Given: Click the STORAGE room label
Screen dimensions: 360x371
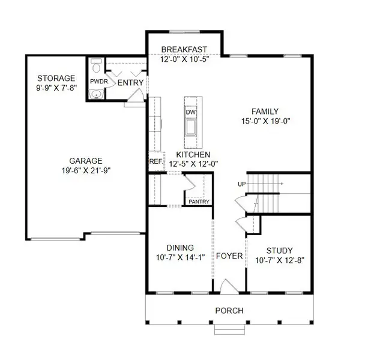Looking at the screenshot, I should (56, 79).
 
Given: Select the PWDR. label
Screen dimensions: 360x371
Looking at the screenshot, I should (98, 81).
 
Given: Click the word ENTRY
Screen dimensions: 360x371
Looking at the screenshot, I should (130, 82).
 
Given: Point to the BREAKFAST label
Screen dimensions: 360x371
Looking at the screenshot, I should (184, 50).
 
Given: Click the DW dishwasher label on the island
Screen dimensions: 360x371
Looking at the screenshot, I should (191, 112).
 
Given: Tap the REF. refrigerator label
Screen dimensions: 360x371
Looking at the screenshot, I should (155, 161).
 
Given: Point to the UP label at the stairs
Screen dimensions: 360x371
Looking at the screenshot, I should (242, 184).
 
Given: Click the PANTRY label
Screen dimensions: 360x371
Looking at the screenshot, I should (199, 202).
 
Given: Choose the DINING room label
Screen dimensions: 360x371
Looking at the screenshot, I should (180, 248).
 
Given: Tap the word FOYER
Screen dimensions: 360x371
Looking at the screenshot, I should (229, 256).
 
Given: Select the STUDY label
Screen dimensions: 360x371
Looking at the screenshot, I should (279, 250).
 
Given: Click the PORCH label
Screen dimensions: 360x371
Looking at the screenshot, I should (229, 311).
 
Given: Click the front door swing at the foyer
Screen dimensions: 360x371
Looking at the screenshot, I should (228, 286).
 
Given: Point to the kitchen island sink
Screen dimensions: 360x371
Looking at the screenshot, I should (191, 127).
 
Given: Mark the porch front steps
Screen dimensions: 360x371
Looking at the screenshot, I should (229, 329).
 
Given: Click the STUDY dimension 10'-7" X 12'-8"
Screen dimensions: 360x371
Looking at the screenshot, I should (279, 260).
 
